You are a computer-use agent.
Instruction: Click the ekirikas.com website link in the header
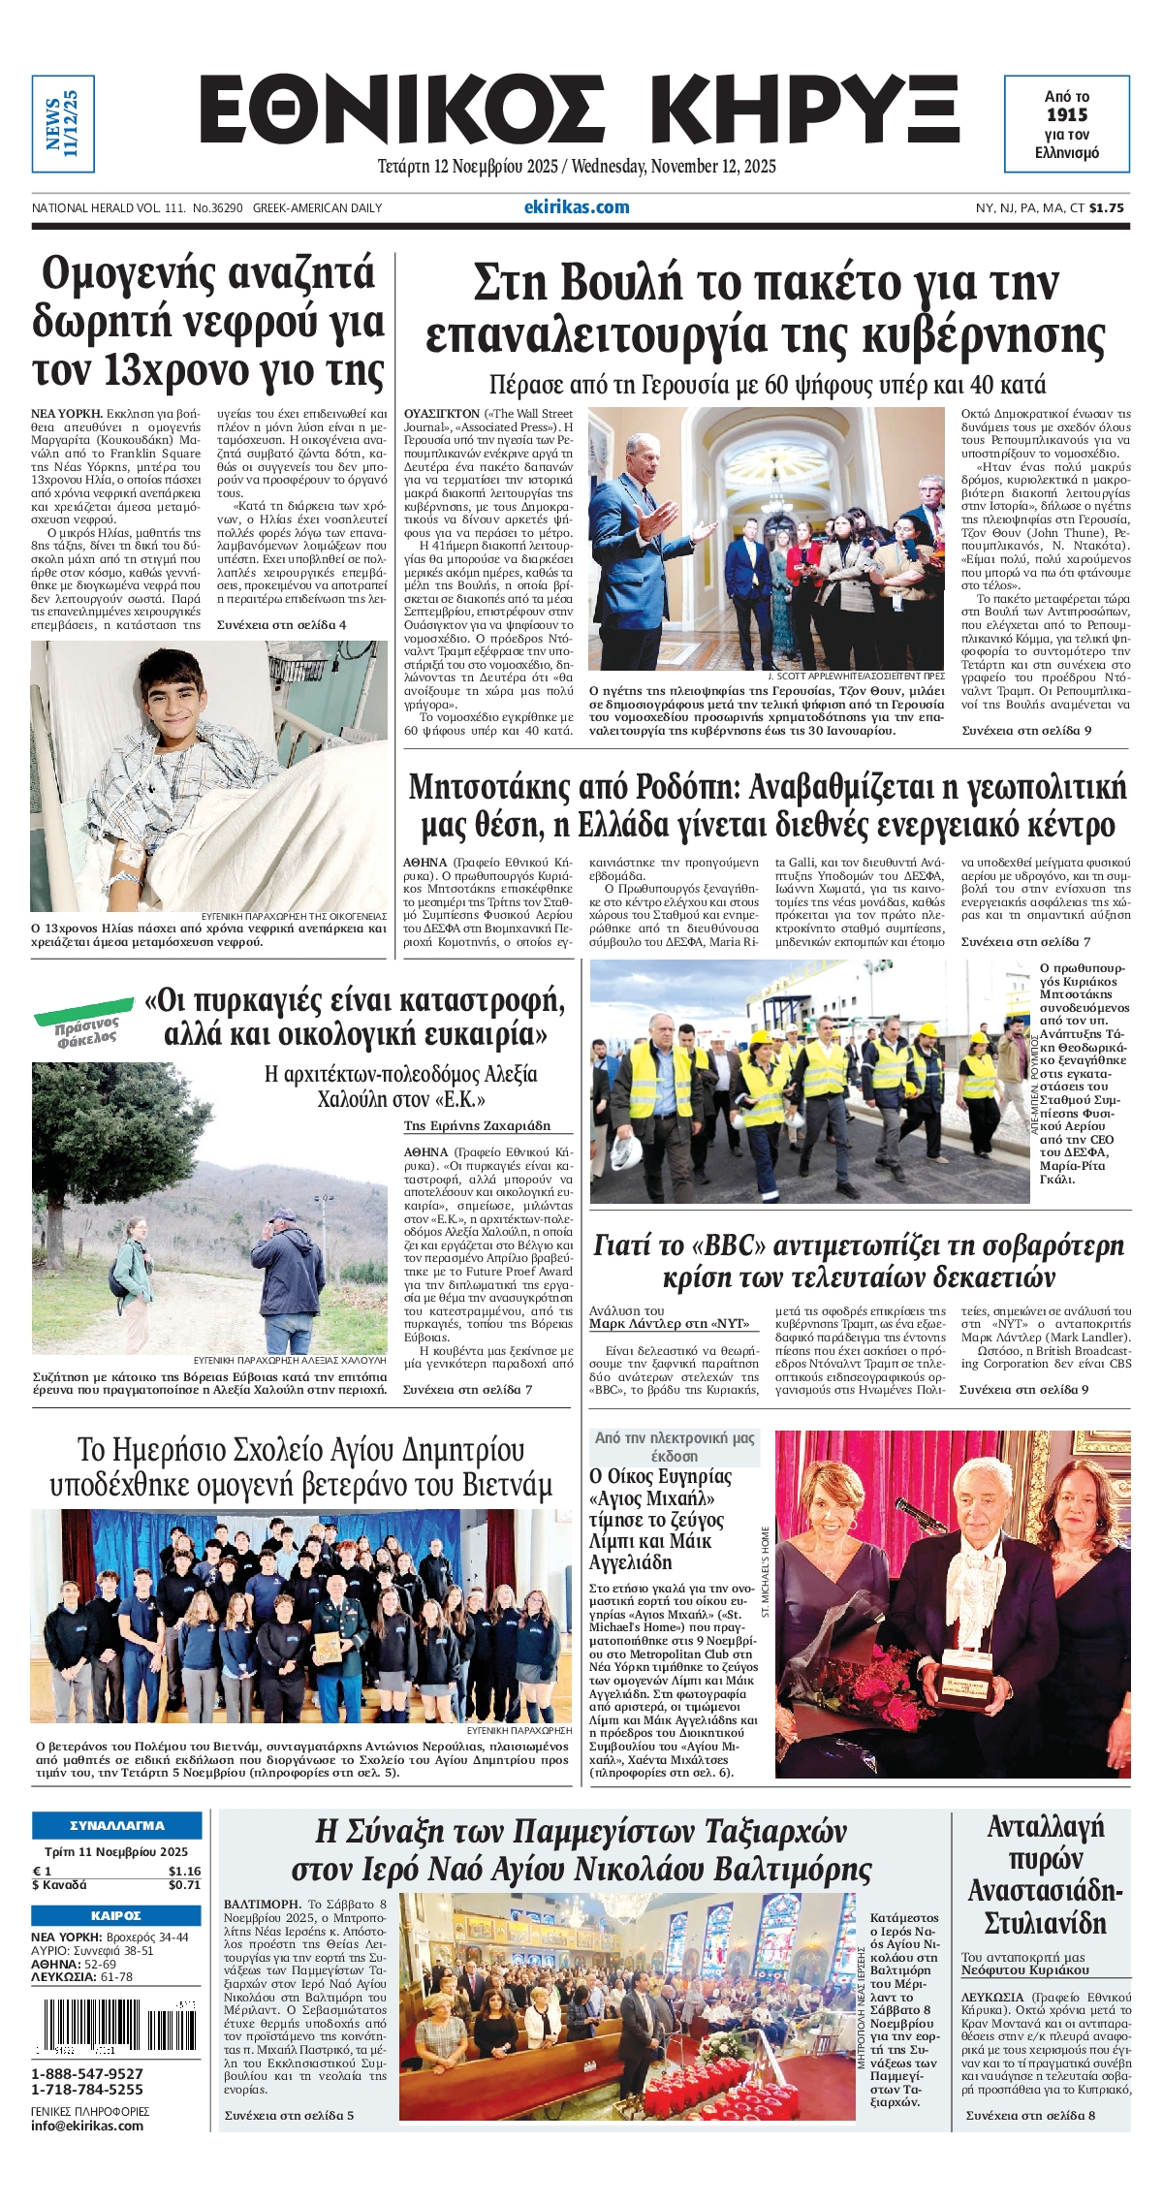click(x=576, y=206)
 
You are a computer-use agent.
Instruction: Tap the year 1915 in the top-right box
click(x=1066, y=115)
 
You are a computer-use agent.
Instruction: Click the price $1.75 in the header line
click(x=1107, y=207)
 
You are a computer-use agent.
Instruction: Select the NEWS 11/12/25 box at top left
click(x=62, y=124)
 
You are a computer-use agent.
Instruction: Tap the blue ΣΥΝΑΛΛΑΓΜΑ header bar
click(x=117, y=1825)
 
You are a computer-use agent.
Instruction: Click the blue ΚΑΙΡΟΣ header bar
click(x=117, y=1916)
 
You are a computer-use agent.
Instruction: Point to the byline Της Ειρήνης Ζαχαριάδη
click(x=477, y=1125)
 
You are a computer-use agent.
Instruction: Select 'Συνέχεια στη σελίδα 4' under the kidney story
click(x=281, y=625)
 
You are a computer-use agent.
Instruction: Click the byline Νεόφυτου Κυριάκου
click(x=1025, y=1969)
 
